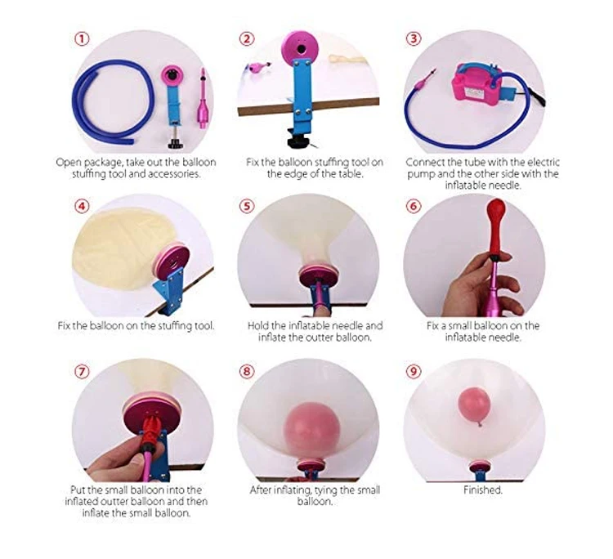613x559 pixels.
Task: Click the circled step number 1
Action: (82, 38)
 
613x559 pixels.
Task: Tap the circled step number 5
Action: (246, 206)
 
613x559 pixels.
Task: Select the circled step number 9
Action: (414, 371)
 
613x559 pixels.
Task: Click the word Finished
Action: (483, 490)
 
